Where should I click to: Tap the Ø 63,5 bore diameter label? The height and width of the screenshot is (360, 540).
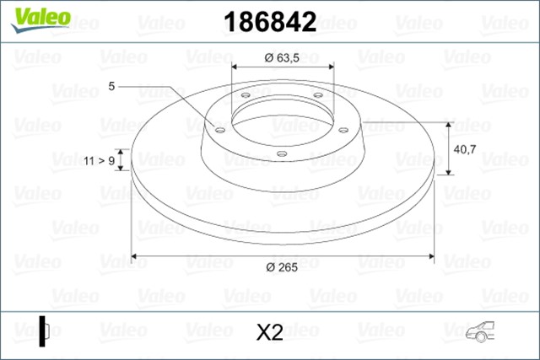click(x=283, y=57)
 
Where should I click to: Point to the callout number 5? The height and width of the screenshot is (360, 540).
click(x=111, y=86)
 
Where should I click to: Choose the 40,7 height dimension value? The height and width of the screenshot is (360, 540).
click(x=466, y=148)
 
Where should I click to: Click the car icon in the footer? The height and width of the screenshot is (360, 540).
click(x=483, y=332)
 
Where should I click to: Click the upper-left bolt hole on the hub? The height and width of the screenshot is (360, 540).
click(x=246, y=95)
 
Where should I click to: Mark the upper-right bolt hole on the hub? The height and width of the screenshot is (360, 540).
click(x=318, y=94)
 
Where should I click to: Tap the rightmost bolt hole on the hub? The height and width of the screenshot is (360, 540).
click(x=343, y=129)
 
